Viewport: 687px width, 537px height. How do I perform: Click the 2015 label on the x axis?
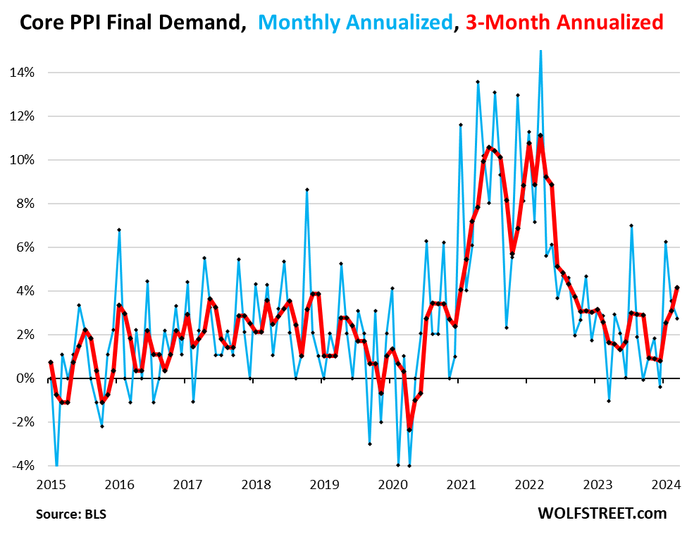[51, 484]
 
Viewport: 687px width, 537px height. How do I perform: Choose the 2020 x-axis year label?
[393, 484]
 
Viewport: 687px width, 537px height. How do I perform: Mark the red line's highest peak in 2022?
[540, 135]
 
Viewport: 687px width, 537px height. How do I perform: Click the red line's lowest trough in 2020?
[409, 430]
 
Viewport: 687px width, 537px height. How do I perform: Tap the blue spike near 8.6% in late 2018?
[307, 190]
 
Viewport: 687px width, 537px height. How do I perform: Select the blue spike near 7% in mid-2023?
[631, 226]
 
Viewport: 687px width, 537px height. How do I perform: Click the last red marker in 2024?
[677, 288]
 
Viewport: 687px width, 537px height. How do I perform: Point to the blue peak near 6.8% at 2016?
[119, 230]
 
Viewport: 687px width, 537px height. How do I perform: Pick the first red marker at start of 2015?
[51, 362]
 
